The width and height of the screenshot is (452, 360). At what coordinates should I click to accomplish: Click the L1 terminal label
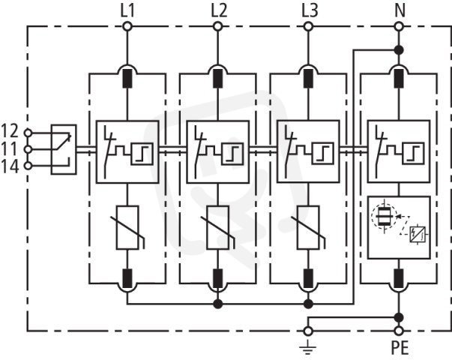coord(127,11)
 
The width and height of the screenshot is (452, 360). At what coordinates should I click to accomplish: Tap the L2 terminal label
coord(219,11)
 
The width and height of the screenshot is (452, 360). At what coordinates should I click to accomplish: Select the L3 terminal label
coord(310,11)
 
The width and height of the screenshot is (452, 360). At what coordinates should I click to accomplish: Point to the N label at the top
coord(400,11)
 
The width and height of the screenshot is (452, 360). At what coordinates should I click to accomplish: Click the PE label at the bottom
coord(400,347)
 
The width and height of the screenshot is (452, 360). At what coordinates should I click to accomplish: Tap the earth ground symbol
coord(308,346)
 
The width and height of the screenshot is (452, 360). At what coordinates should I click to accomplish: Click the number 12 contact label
coord(10,130)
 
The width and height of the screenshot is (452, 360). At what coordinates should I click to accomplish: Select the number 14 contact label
coord(10,166)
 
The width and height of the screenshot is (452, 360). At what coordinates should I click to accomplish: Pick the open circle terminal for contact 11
coord(28,149)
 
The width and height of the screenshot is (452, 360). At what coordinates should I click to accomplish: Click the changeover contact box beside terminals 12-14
coord(64,149)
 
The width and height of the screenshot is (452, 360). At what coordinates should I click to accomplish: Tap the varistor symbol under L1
coord(127,227)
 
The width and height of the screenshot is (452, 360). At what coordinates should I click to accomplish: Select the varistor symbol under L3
coord(308,227)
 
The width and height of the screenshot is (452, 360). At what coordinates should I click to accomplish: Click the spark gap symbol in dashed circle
coord(384,216)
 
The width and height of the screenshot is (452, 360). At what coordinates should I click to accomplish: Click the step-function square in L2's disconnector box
coord(232,154)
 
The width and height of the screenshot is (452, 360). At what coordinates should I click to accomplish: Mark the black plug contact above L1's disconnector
coord(127,78)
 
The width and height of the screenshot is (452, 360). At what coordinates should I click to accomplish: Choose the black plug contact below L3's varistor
coord(308,278)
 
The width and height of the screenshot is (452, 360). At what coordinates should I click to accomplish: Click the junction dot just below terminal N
coord(399,50)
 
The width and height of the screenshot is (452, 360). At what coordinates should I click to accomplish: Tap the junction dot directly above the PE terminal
coord(399,317)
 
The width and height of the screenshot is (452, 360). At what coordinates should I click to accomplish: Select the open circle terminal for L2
coord(218,27)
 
